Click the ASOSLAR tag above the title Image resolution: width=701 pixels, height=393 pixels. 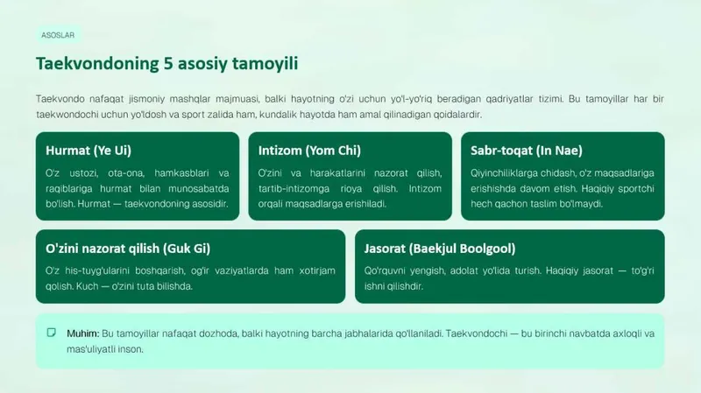tap(58, 35)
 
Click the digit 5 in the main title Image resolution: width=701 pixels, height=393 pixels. tap(168, 63)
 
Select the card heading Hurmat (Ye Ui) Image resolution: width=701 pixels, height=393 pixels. tap(89, 151)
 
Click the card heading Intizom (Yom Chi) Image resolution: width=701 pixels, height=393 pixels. tap(309, 151)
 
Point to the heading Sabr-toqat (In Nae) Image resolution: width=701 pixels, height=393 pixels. tap(527, 151)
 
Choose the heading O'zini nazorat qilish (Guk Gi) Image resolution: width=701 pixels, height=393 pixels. tap(128, 249)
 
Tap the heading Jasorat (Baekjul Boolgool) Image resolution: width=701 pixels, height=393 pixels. tap(440, 249)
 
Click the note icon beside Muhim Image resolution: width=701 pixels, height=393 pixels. tap(52, 333)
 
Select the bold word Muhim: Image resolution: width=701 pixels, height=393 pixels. tap(83, 333)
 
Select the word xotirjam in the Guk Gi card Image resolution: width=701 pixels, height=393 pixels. tap(317, 270)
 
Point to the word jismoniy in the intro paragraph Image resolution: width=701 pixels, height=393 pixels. tap(146, 99)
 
